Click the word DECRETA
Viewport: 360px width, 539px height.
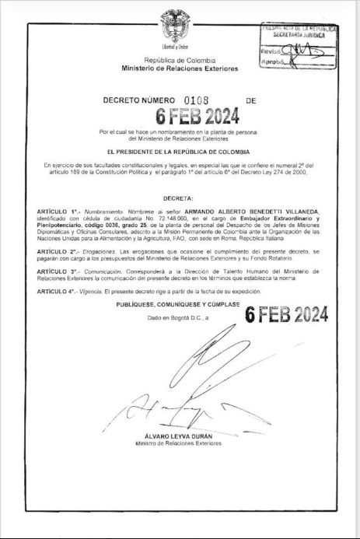pos(180,200)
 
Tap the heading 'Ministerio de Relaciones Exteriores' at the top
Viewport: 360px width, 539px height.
pos(180,69)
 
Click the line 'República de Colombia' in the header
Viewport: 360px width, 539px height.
pos(179,61)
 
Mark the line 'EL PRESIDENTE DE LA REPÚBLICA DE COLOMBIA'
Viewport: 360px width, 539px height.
pos(180,151)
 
